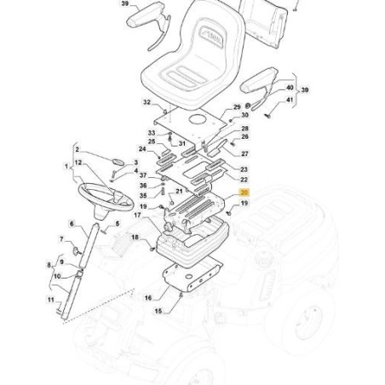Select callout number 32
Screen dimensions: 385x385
click(x=147, y=103)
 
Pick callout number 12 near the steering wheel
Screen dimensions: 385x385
click(x=78, y=162)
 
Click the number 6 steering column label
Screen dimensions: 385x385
click(x=72, y=223)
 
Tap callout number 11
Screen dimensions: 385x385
click(x=51, y=300)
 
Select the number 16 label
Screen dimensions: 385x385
click(x=148, y=298)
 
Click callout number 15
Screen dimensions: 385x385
click(x=158, y=312)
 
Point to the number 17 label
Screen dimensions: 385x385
click(x=136, y=215)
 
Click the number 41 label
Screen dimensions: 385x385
click(x=290, y=101)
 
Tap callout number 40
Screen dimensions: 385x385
click(x=290, y=88)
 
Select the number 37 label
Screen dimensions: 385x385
click(x=143, y=175)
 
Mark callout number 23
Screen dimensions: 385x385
click(x=243, y=170)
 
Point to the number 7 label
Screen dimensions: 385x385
click(x=61, y=239)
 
